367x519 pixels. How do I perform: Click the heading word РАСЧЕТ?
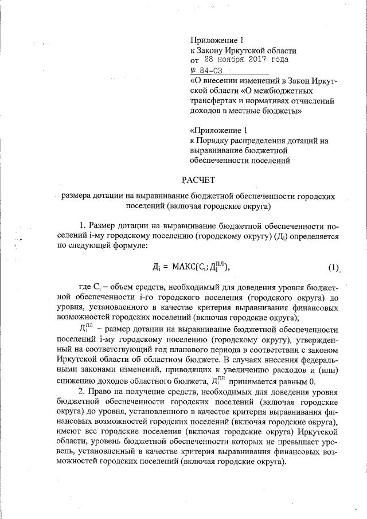[x=198, y=181]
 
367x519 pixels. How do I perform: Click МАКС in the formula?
[x=184, y=268]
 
